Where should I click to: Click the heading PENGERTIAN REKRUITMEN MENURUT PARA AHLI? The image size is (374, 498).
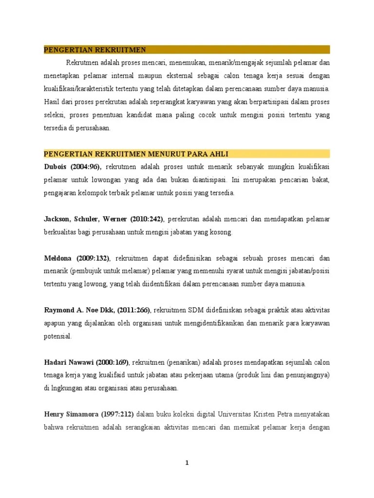point(136,154)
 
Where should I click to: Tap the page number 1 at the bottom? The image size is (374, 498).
point(187,463)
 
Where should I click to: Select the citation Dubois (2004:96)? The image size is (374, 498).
point(73,167)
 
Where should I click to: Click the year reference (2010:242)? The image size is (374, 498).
point(145,219)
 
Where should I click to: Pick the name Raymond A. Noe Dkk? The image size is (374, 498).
point(78,310)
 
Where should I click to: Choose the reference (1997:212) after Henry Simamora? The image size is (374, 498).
point(117,414)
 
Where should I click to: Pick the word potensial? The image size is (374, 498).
point(57,337)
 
